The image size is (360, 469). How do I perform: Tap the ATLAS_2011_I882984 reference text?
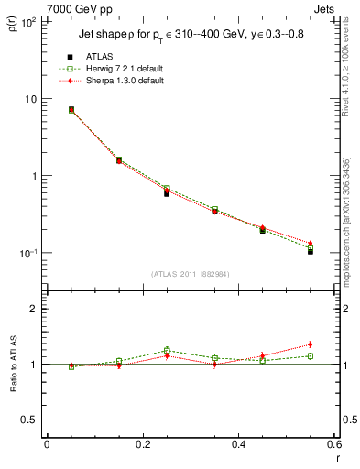pyautogui.click(x=190, y=274)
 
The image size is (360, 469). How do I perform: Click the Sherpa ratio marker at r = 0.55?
pyautogui.click(x=311, y=344)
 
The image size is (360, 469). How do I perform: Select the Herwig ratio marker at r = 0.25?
pyautogui.click(x=167, y=350)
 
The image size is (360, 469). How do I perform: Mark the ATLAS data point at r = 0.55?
pyautogui.click(x=311, y=251)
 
